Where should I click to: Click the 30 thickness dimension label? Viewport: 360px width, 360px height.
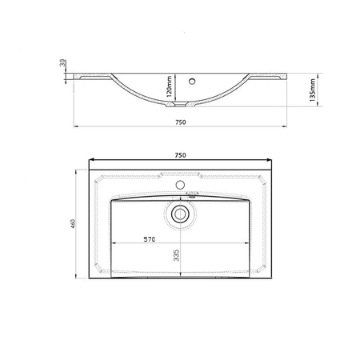coord(62,63)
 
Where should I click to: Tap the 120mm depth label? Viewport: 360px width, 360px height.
coord(169,86)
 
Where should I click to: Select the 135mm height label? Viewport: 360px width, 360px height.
coord(313,90)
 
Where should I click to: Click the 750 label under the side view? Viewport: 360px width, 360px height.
coord(181,122)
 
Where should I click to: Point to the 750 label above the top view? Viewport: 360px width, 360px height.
coord(180,155)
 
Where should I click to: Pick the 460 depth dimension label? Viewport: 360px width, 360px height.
coord(73,223)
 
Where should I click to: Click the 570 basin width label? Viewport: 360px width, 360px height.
coord(150,239)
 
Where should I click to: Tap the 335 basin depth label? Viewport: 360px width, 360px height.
coord(176,255)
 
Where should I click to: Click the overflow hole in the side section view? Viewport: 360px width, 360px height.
coord(192,81)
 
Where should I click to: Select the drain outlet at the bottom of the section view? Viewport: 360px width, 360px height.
coord(180,105)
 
